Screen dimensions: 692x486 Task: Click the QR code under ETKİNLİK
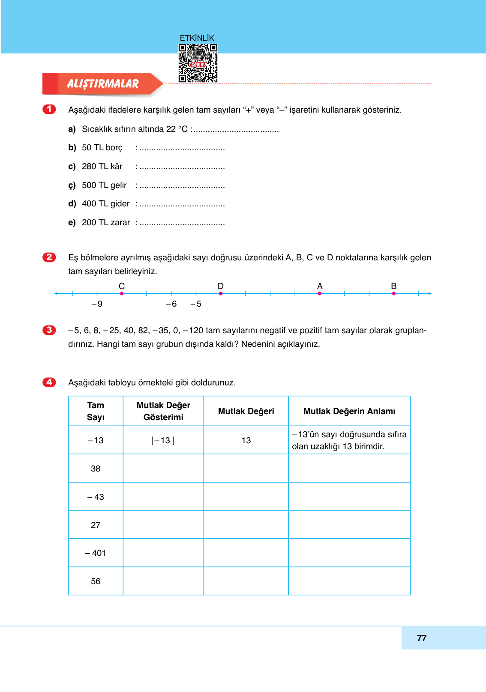(198, 63)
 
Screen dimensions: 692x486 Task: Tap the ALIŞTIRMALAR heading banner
(103, 84)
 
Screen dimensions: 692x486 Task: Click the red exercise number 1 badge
(49, 109)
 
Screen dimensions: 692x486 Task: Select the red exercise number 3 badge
(49, 330)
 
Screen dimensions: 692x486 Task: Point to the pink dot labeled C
(122, 293)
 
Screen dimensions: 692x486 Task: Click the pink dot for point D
(221, 293)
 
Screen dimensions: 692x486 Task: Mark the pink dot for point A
(320, 293)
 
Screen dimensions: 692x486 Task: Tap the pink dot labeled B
(394, 293)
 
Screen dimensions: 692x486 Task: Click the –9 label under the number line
(97, 304)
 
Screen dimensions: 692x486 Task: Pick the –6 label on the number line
(171, 304)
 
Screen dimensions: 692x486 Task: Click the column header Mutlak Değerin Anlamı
(349, 411)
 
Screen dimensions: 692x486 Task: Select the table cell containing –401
(96, 553)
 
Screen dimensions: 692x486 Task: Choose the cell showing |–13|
(163, 440)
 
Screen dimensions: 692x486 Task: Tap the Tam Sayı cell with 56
(96, 581)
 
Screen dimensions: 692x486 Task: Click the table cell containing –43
(96, 497)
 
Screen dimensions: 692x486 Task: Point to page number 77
(422, 638)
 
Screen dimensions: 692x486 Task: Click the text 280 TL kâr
(102, 166)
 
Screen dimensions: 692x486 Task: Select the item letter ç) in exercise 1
(72, 185)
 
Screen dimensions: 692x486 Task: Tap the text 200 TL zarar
(105, 223)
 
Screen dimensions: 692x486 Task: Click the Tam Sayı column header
(96, 411)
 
